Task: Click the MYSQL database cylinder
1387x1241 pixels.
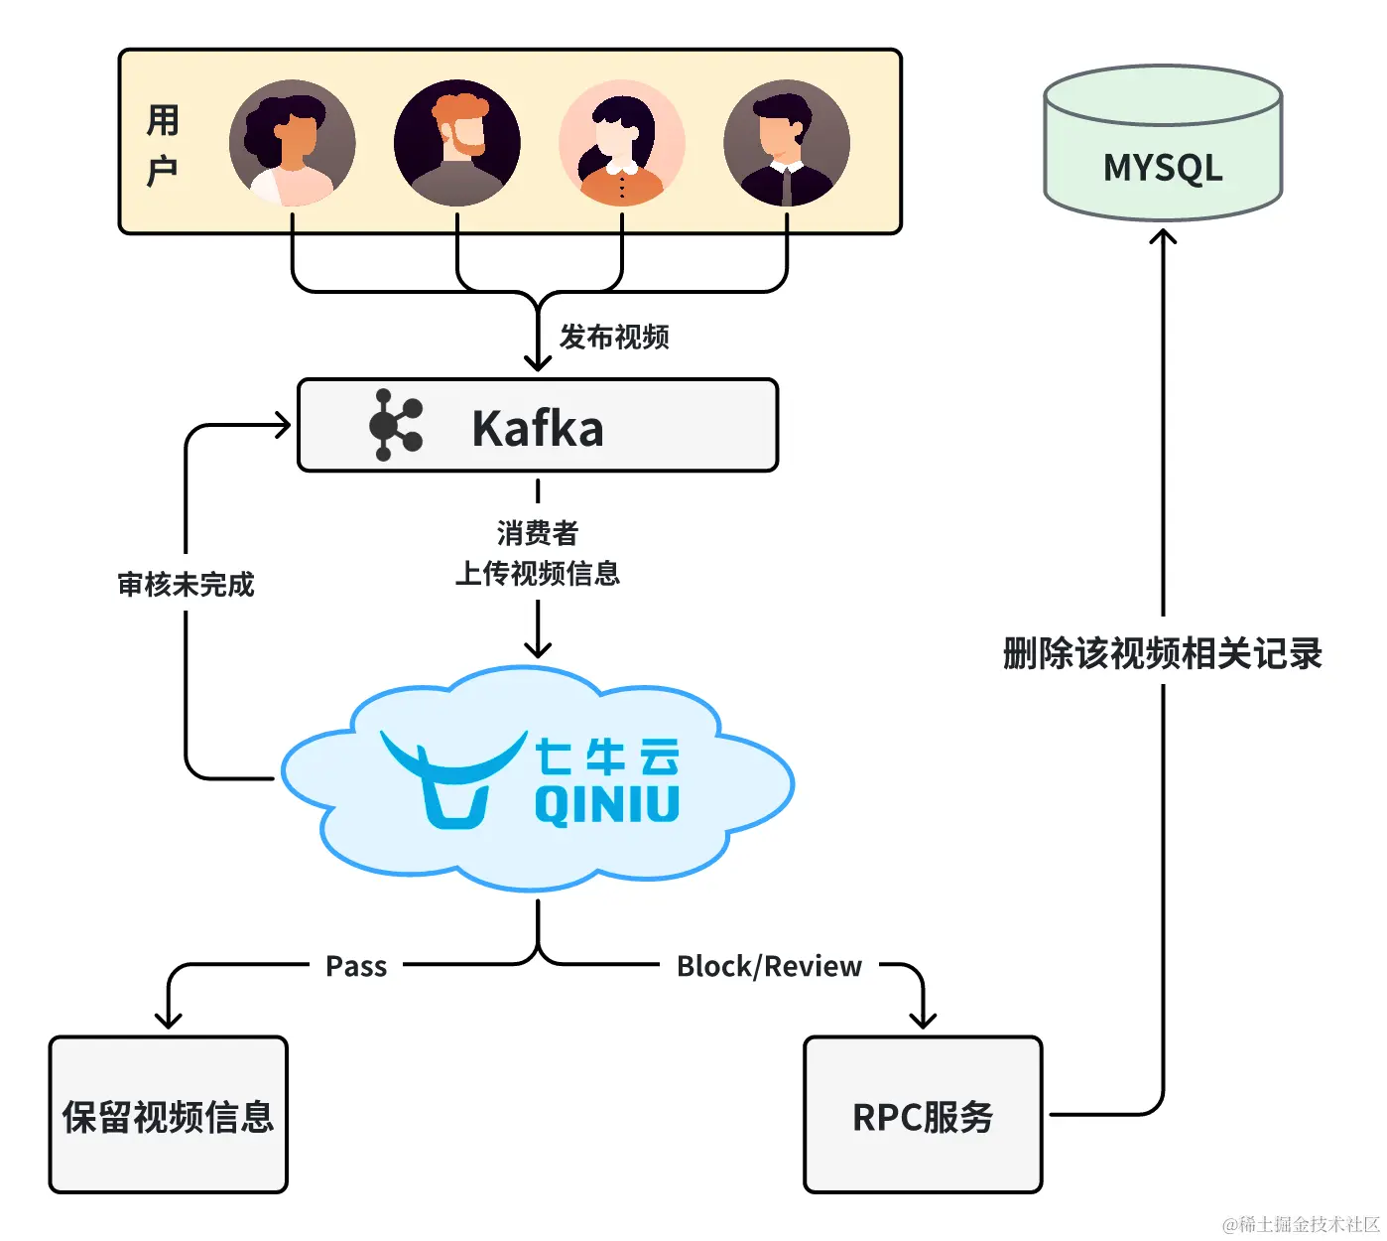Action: click(1163, 143)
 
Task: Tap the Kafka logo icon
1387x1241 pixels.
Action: click(395, 425)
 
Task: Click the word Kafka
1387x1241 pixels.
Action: click(538, 428)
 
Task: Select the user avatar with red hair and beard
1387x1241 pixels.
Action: click(456, 143)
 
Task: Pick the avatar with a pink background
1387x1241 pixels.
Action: click(622, 143)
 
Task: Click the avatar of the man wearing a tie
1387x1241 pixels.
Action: click(787, 143)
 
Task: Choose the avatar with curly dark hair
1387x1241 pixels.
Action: click(293, 143)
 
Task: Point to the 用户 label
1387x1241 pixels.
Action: click(163, 145)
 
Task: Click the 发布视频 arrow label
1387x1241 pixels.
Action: click(614, 338)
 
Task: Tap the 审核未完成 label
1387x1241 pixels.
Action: click(186, 585)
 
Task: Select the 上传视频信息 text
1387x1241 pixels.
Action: click(538, 573)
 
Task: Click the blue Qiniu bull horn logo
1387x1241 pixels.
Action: click(453, 779)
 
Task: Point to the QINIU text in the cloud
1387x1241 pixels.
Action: click(606, 804)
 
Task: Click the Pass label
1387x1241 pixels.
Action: click(356, 966)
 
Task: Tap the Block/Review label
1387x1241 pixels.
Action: click(769, 966)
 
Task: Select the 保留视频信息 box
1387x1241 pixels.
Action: click(169, 1115)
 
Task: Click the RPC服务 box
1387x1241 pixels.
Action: click(923, 1115)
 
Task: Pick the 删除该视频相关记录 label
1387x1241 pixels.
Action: click(1163, 653)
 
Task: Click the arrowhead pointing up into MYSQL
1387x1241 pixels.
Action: click(1163, 236)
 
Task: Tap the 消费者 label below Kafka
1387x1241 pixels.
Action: click(538, 533)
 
